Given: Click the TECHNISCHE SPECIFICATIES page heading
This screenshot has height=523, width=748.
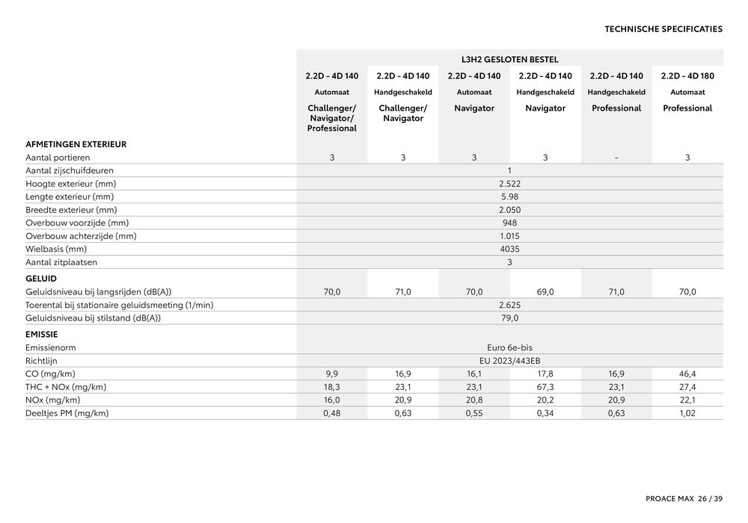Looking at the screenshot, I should (663, 29).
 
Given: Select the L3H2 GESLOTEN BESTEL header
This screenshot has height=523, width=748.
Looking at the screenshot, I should (509, 59).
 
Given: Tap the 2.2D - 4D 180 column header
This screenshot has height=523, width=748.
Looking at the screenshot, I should (687, 75).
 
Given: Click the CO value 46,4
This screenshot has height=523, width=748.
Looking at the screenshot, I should (687, 374).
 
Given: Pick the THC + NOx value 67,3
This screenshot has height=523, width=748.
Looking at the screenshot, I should (545, 387).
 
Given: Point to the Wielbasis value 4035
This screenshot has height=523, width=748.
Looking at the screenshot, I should (509, 249).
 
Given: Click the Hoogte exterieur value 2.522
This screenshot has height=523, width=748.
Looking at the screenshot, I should (509, 184).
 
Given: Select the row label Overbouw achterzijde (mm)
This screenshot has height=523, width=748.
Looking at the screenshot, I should (81, 236).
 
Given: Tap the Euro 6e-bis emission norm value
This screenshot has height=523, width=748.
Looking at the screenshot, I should (509, 347).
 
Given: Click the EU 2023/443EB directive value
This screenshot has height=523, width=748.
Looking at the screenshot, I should (509, 360).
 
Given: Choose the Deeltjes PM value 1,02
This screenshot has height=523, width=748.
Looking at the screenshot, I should (687, 413).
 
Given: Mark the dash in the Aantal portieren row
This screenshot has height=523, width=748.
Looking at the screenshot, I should (616, 158).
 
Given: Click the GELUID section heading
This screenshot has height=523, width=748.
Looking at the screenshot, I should (41, 278).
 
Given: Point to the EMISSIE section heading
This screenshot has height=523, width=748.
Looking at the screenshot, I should (42, 334).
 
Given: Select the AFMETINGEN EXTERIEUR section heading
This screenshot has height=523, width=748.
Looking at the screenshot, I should (76, 144).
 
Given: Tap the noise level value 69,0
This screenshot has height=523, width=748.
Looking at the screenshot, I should (545, 292).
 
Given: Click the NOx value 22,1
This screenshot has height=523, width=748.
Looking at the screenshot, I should (687, 400).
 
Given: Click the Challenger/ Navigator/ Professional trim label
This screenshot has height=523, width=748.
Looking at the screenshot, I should (332, 118).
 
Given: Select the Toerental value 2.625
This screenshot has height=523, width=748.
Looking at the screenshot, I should (509, 305).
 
